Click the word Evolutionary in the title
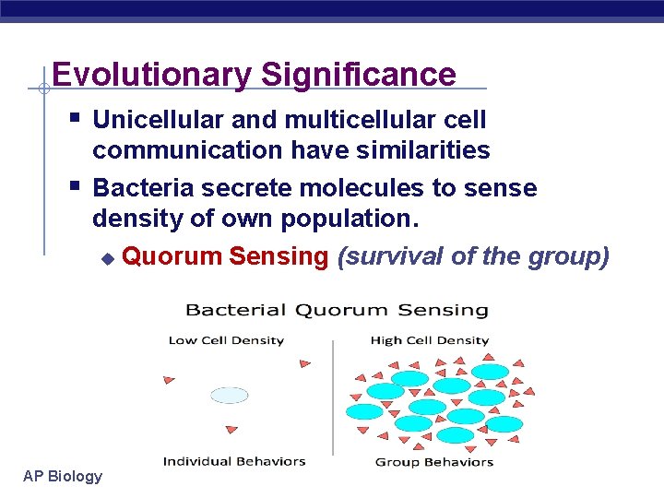pyautogui.click(x=148, y=75)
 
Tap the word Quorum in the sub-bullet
pyautogui.click(x=172, y=256)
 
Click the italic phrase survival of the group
pyautogui.click(x=473, y=256)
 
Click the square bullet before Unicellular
pyautogui.click(x=75, y=118)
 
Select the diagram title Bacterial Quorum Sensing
pyautogui.click(x=337, y=311)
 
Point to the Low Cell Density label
pyautogui.click(x=226, y=340)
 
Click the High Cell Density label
pyautogui.click(x=429, y=340)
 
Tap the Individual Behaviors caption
pyautogui.click(x=234, y=461)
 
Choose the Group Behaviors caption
pyautogui.click(x=433, y=462)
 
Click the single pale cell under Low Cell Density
pyautogui.click(x=230, y=396)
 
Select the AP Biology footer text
pyautogui.click(x=63, y=476)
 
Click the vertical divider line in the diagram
pyautogui.click(x=333, y=397)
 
